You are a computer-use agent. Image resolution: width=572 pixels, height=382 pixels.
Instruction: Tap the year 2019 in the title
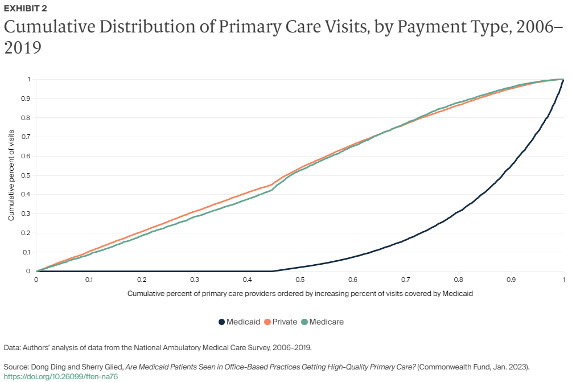[23, 48]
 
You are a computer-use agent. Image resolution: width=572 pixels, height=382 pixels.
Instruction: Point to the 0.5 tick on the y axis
[26, 175]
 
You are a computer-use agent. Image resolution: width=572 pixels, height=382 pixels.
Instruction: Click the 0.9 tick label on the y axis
[26, 98]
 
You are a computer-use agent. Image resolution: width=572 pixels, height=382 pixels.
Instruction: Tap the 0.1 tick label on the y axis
[26, 252]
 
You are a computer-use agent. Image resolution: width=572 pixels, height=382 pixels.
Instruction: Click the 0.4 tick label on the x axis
[247, 280]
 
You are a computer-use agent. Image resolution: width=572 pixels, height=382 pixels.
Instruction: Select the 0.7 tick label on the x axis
[405, 280]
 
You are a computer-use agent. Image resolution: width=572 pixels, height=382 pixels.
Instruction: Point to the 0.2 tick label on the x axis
[142, 280]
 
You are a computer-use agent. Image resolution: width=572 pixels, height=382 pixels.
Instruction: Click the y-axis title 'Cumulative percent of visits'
[11, 175]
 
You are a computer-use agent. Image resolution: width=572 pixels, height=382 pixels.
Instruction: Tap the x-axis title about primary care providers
[300, 294]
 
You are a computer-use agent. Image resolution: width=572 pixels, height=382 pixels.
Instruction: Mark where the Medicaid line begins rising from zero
[273, 271]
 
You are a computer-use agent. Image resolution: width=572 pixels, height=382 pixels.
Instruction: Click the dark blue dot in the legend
[221, 322]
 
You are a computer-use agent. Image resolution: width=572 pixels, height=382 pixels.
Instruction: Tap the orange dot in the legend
[266, 322]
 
